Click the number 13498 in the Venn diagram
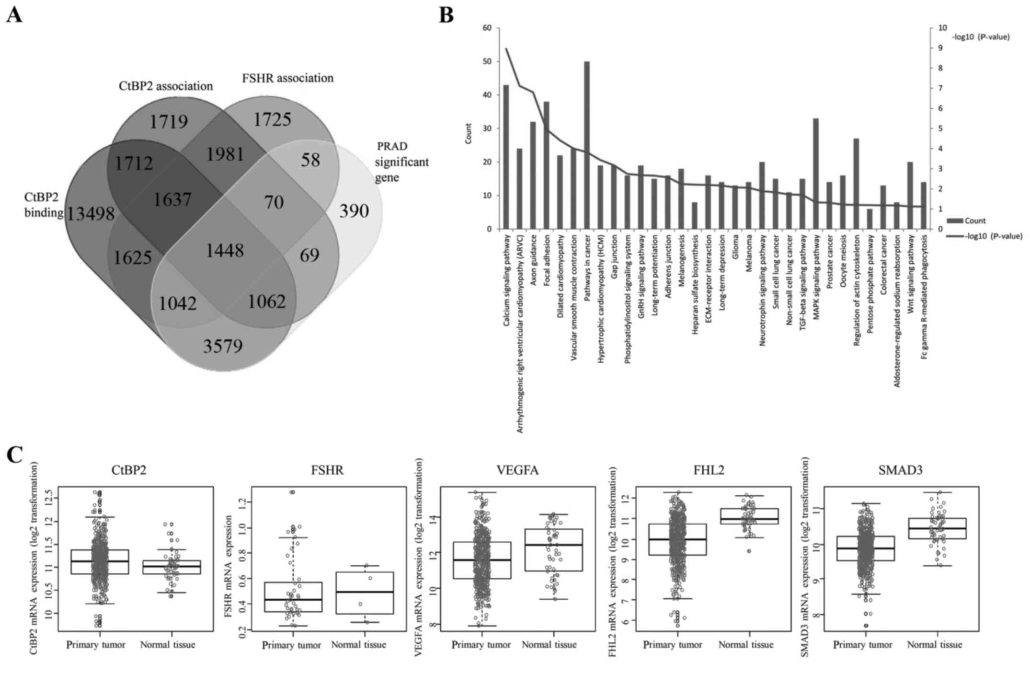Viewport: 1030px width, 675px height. [x=91, y=214]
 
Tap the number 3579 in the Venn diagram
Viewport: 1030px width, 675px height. [x=223, y=346]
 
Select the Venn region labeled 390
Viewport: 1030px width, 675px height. [x=354, y=210]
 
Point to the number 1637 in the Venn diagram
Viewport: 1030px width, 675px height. [x=172, y=199]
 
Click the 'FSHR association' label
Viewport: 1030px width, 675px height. [x=287, y=78]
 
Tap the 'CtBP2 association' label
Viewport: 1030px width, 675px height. [x=165, y=86]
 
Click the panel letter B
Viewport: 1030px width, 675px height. [x=446, y=15]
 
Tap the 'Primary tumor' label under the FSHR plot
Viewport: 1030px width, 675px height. [x=291, y=645]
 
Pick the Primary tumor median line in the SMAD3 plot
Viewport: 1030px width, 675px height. [x=865, y=548]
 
